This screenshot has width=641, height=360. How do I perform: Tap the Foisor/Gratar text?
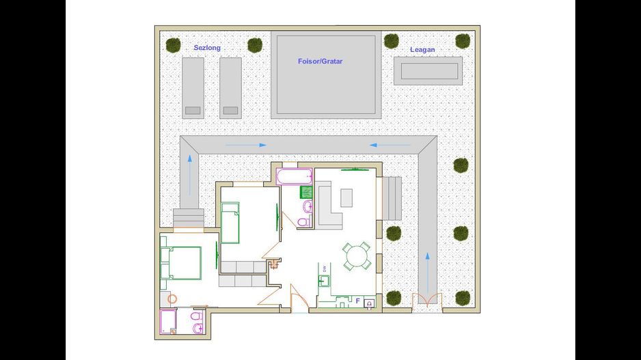(x=320, y=61)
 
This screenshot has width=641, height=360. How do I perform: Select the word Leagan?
(x=422, y=50)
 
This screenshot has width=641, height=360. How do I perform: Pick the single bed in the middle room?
(x=230, y=223)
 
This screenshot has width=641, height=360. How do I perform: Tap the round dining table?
(x=356, y=257)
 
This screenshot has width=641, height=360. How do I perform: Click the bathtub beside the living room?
(x=295, y=178)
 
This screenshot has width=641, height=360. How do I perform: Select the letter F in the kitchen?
(x=357, y=300)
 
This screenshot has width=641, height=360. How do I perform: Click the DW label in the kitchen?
(x=324, y=268)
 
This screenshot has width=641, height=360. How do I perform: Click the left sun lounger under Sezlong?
(x=193, y=87)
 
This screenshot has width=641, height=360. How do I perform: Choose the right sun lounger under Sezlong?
(x=230, y=87)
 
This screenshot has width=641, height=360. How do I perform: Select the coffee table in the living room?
(x=347, y=197)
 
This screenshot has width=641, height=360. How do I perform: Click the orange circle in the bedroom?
(x=173, y=299)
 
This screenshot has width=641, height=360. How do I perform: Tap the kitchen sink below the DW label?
(x=325, y=280)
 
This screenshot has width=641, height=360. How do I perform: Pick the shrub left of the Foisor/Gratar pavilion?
(x=255, y=45)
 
